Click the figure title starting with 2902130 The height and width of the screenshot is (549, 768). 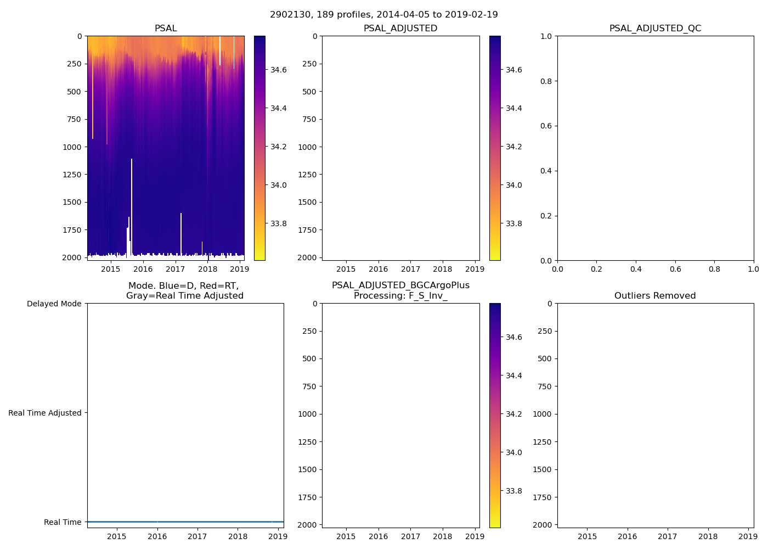[x=384, y=15]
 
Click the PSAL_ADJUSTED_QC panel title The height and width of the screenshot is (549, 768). [x=655, y=29]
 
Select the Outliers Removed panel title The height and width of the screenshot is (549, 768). [x=655, y=296]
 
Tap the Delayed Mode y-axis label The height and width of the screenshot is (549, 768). [x=54, y=304]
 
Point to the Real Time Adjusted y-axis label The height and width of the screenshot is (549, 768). [x=44, y=413]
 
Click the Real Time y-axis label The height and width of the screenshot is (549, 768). [x=63, y=522]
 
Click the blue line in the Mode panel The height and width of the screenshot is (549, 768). [x=185, y=522]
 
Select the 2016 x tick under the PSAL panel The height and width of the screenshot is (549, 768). [x=143, y=269]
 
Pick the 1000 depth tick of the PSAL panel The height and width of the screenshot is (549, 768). [x=74, y=147]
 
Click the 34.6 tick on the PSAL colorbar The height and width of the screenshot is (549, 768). [x=279, y=70]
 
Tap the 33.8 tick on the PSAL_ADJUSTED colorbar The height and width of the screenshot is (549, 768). [x=514, y=223]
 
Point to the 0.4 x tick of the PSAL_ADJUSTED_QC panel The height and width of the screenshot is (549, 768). [x=636, y=269]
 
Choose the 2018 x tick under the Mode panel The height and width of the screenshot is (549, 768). [x=238, y=536]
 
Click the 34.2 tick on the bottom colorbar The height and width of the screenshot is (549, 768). [x=514, y=414]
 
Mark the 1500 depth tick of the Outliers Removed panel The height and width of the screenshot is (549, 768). [x=542, y=469]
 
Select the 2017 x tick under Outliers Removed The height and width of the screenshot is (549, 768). [x=668, y=536]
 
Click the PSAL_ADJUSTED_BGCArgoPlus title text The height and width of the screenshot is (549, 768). [x=400, y=285]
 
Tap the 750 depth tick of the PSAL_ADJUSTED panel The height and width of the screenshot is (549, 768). [x=309, y=119]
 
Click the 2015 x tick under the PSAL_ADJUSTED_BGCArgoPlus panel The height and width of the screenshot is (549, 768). [x=346, y=536]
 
